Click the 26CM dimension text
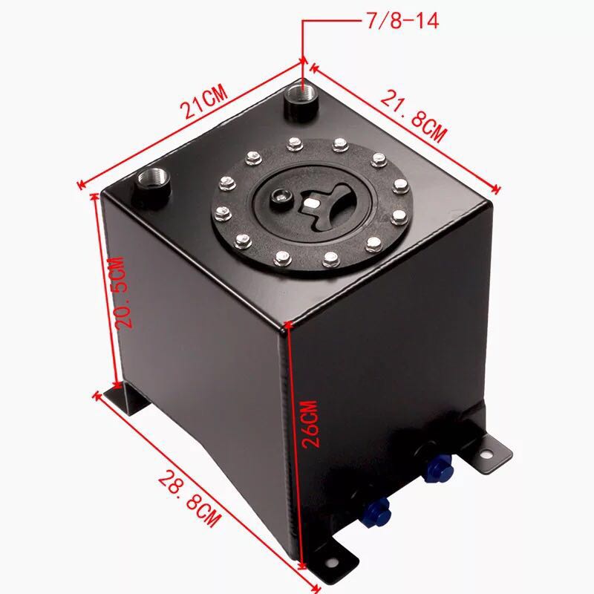[310, 423]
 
